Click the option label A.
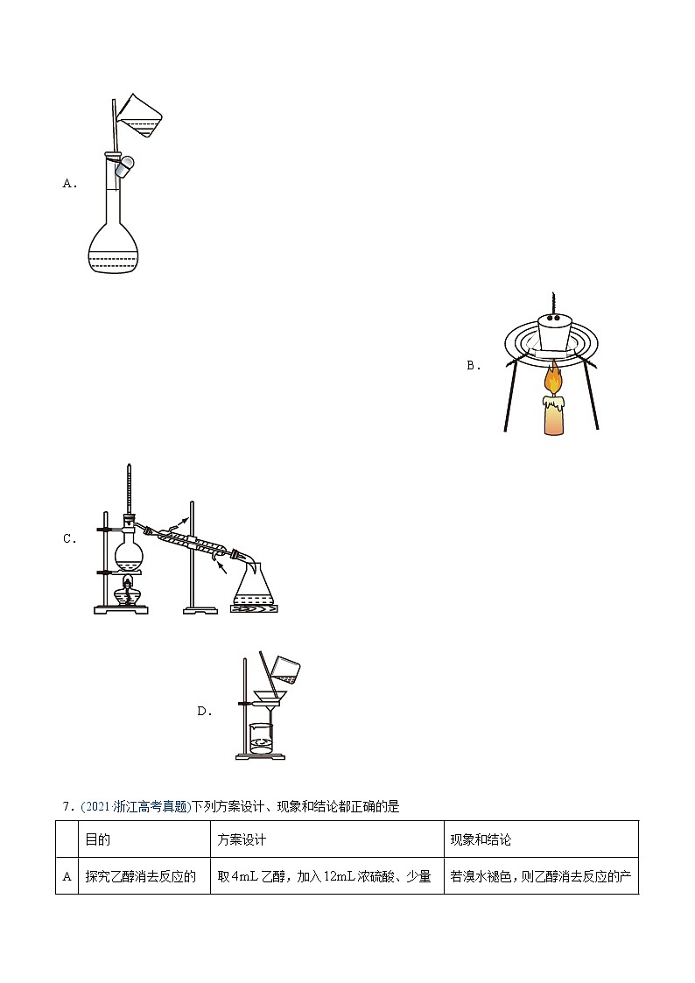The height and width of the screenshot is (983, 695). click(x=70, y=184)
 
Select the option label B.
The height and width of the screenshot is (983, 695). click(x=474, y=366)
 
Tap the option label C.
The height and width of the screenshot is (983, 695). click(x=70, y=538)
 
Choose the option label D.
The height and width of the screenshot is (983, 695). click(x=205, y=712)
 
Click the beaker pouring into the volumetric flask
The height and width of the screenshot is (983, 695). click(x=142, y=116)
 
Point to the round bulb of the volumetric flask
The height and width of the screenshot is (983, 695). click(x=114, y=249)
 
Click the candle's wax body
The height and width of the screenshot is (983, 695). click(x=552, y=416)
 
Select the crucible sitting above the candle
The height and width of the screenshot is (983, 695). click(x=552, y=333)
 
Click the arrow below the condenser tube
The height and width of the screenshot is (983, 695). click(x=221, y=568)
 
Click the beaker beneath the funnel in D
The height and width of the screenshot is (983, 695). click(x=263, y=740)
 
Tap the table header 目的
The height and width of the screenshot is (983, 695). click(x=97, y=839)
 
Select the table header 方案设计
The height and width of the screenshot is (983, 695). click(x=242, y=839)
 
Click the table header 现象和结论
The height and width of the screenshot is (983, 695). click(x=481, y=839)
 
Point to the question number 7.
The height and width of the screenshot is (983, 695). click(x=67, y=806)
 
